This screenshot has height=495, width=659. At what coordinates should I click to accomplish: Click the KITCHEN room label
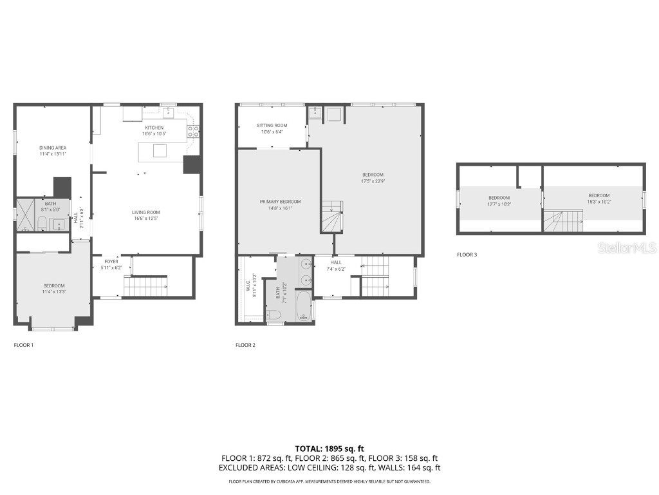pyautogui.click(x=154, y=128)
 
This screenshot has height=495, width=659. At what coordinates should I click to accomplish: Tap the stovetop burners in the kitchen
pyautogui.click(x=192, y=131)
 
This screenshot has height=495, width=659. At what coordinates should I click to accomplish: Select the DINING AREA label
pyautogui.click(x=53, y=148)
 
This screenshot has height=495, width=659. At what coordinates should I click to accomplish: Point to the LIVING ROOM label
pyautogui.click(x=146, y=212)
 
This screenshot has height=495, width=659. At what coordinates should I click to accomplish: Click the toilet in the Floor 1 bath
pyautogui.click(x=41, y=224)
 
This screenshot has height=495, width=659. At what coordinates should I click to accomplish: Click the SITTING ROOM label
pyautogui.click(x=272, y=125)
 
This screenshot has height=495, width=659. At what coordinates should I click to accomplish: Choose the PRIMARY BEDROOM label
pyautogui.click(x=280, y=202)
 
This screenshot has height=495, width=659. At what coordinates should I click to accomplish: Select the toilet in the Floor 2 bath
pyautogui.click(x=273, y=315)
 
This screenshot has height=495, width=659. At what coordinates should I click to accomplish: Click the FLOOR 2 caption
pyautogui.click(x=245, y=345)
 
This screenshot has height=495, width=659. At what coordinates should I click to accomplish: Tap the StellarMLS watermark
pyautogui.click(x=626, y=247)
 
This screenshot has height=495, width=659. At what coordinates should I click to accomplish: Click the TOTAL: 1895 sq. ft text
pyautogui.click(x=329, y=448)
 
